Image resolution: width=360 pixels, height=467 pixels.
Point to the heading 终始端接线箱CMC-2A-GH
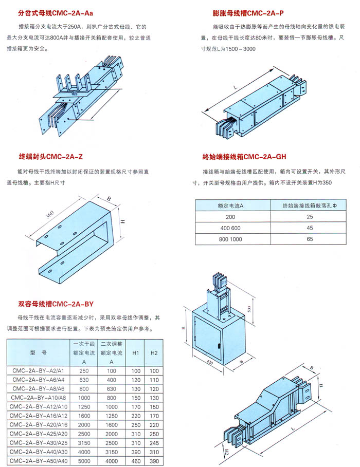tap(244, 156)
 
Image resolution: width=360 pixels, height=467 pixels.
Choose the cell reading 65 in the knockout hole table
tap(309, 239)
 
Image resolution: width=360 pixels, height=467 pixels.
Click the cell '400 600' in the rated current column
tap(230, 228)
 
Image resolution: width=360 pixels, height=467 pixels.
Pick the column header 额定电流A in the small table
tap(230, 206)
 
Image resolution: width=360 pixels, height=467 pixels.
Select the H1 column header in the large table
tap(135, 353)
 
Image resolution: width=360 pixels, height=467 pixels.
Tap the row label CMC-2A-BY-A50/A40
tap(38, 461)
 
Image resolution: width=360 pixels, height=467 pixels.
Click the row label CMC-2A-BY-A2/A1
tap(38, 371)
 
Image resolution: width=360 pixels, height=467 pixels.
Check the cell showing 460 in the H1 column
tap(135, 461)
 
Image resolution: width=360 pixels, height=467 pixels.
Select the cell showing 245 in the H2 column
tap(154, 443)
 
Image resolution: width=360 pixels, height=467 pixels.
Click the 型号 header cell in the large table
tap(38, 353)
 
